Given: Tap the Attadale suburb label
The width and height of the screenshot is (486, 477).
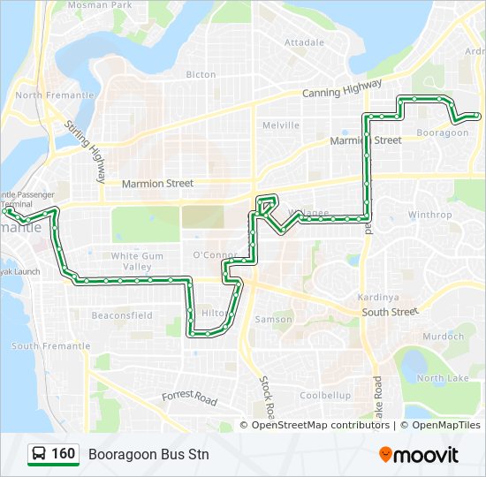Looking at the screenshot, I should tap(305, 42).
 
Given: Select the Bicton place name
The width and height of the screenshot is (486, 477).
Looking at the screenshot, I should tap(201, 75).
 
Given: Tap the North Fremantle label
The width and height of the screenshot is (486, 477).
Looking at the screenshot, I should tap(55, 95).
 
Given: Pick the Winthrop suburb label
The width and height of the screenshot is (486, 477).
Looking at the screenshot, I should tap(430, 215).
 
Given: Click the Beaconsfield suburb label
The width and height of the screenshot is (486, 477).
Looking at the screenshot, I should tap(122, 314).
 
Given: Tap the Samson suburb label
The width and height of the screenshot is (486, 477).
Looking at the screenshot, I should tap(273, 319).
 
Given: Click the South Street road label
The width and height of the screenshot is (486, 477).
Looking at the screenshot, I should tap(389, 312).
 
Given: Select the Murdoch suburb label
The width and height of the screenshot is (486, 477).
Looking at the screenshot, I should tap(443, 337).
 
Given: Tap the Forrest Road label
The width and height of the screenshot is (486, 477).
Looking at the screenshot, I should tap(189, 398).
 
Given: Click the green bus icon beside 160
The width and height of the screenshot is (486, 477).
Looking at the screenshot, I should tap(39, 454).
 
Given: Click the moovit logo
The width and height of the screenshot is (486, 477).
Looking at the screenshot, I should tap(419, 455).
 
